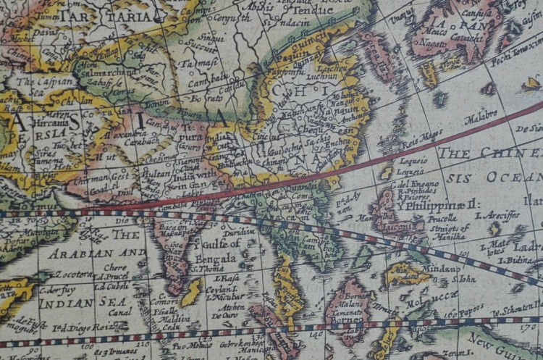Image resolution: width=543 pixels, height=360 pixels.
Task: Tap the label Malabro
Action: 481,114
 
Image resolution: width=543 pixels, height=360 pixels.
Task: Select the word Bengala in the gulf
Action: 216,259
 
